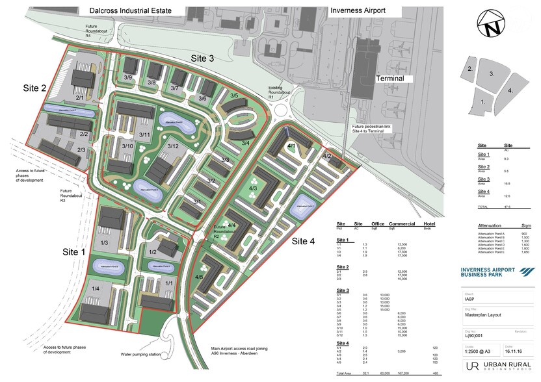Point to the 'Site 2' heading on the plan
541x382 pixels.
pos(34,88)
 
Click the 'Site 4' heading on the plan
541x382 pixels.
pos(303,241)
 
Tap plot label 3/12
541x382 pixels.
pos(172,146)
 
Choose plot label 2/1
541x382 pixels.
pos(81,98)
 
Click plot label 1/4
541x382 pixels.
pos(96,288)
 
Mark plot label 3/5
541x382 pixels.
pos(234,96)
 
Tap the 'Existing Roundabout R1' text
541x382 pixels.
pos(280,93)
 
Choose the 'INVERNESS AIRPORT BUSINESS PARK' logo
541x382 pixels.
pos(495,274)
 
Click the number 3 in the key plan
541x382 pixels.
pos(493,74)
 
